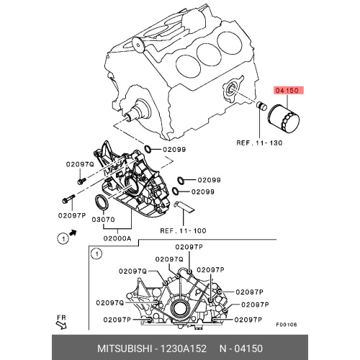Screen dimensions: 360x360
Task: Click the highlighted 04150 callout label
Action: point(288,91)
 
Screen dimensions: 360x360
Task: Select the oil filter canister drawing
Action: point(284,119)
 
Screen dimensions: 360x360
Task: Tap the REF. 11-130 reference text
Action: point(259,143)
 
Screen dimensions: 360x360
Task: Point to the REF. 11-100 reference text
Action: point(183,231)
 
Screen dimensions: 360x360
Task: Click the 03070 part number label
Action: point(104,220)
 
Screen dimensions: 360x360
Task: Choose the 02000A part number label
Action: point(117,238)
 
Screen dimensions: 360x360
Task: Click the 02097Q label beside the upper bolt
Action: point(80,164)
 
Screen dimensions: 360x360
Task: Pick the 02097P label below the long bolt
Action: point(72,215)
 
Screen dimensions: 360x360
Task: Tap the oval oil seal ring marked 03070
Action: point(102,204)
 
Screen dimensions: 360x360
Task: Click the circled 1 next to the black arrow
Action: point(63,239)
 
